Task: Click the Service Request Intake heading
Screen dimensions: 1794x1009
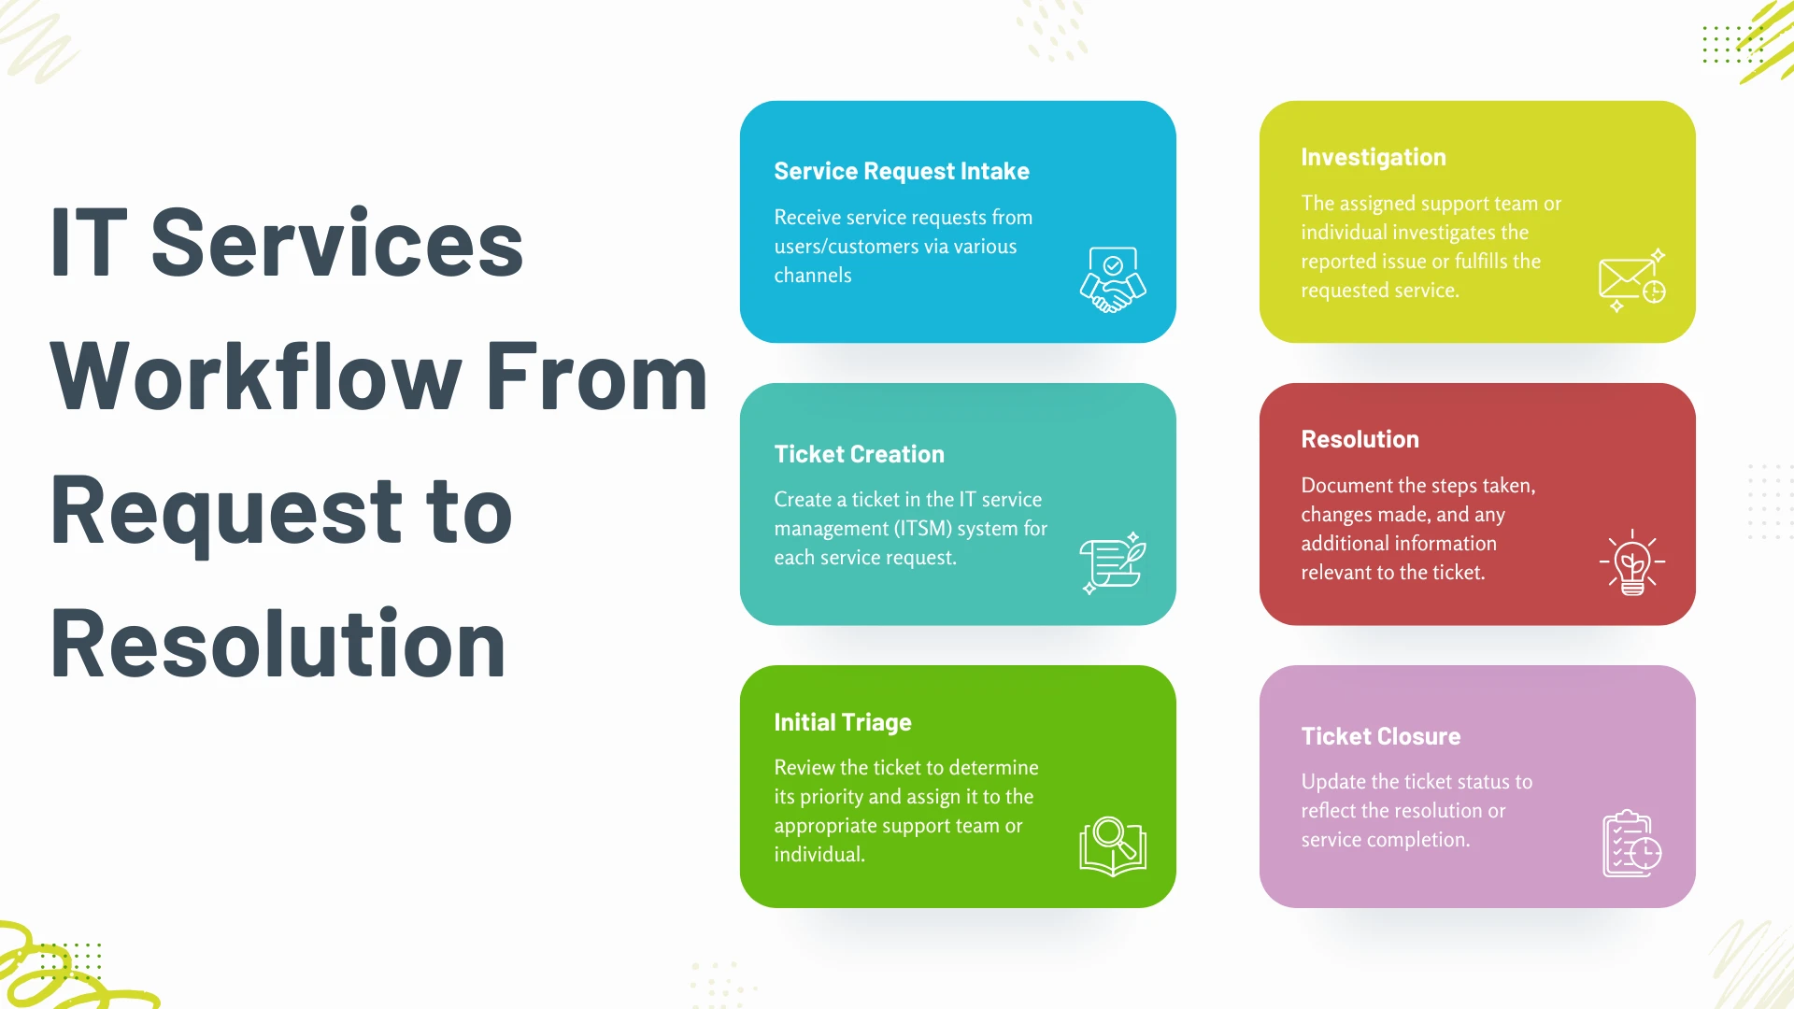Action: click(x=902, y=172)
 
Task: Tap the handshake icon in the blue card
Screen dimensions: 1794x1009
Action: click(x=1113, y=279)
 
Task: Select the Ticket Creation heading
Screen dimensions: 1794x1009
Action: click(x=859, y=454)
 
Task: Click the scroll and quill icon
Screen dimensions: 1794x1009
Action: click(x=1113, y=562)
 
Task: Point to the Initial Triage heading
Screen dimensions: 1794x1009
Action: click(x=842, y=723)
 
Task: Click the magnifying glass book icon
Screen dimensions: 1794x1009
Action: click(x=1113, y=846)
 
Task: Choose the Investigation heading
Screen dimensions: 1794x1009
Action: click(x=1374, y=158)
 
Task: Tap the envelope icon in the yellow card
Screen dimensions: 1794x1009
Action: click(x=1632, y=280)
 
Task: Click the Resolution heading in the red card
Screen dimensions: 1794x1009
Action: click(x=1360, y=439)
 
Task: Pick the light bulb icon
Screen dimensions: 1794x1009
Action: click(x=1632, y=562)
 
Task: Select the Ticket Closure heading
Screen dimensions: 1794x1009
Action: click(x=1380, y=736)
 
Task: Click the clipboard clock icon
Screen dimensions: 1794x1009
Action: click(x=1632, y=844)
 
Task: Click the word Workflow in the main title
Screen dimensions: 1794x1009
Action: click(x=256, y=377)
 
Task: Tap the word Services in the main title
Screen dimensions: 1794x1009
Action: click(x=337, y=243)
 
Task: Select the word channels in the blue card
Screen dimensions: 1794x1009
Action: click(x=813, y=276)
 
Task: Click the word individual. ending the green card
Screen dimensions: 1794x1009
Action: click(x=819, y=855)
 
